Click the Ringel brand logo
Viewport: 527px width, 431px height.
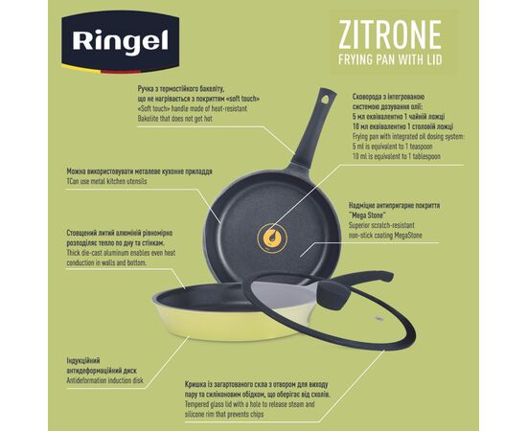tap(120, 42)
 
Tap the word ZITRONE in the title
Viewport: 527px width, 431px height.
tap(390, 34)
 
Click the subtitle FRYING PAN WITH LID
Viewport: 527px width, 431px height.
tap(390, 59)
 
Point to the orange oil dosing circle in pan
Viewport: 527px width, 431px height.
tap(272, 238)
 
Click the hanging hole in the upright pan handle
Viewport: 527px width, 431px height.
tap(326, 99)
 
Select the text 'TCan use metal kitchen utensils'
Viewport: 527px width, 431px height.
tap(107, 181)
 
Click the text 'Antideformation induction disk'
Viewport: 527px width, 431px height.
tap(104, 380)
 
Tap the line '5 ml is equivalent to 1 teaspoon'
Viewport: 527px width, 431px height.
tap(393, 147)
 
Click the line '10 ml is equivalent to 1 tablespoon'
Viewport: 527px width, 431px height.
tap(397, 156)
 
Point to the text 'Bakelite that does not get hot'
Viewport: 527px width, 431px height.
tap(174, 119)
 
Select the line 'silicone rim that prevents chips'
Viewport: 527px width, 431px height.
tap(224, 414)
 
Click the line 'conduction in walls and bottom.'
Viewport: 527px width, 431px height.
tap(106, 262)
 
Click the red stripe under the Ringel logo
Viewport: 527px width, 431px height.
tap(121, 72)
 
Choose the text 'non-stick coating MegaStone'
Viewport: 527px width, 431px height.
tap(385, 236)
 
